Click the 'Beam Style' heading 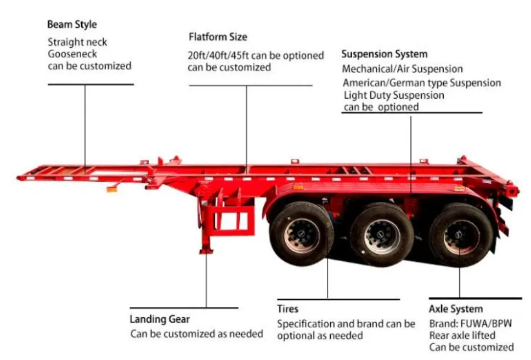click(x=72, y=25)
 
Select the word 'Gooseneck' click(x=72, y=54)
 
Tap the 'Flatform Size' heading click(x=218, y=37)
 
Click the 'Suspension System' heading click(x=385, y=54)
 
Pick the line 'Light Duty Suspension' click(x=394, y=95)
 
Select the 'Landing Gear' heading click(x=160, y=319)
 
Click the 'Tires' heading click(x=288, y=309)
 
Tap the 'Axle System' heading click(x=456, y=309)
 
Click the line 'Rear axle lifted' click(x=462, y=335)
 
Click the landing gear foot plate click(x=206, y=251)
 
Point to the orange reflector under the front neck click(x=112, y=190)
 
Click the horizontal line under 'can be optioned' click(x=412, y=113)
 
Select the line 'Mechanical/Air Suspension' click(x=402, y=69)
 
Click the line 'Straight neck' click(x=77, y=42)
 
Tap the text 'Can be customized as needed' click(x=196, y=334)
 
